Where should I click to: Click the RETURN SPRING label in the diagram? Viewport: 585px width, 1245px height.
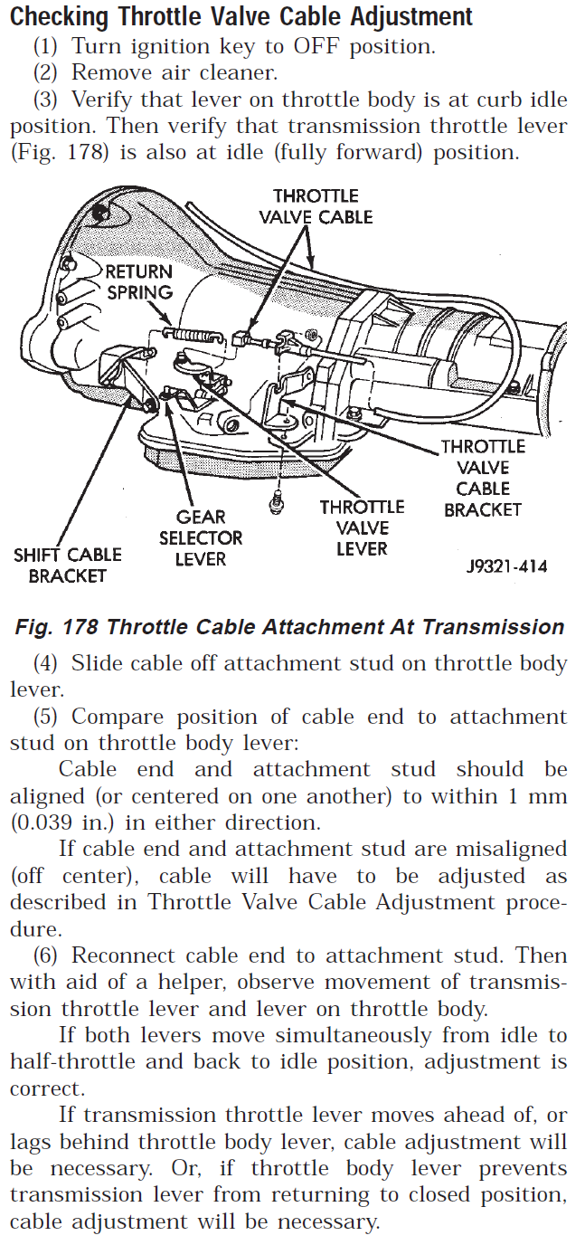(138, 281)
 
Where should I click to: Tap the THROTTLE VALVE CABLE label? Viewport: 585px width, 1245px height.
(316, 206)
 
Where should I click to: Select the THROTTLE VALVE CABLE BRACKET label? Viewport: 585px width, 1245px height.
(483, 478)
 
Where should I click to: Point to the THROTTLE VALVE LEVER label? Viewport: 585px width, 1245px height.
(362, 527)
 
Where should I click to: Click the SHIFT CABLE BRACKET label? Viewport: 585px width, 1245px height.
(67, 565)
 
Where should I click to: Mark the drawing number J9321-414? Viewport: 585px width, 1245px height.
(506, 567)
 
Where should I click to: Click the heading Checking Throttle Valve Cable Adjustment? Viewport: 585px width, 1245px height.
(241, 16)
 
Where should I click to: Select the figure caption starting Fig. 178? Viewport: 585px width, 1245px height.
(289, 627)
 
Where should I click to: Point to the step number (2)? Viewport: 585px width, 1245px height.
(48, 73)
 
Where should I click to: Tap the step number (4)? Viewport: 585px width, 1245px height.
(48, 663)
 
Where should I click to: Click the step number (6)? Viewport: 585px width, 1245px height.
(48, 955)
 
